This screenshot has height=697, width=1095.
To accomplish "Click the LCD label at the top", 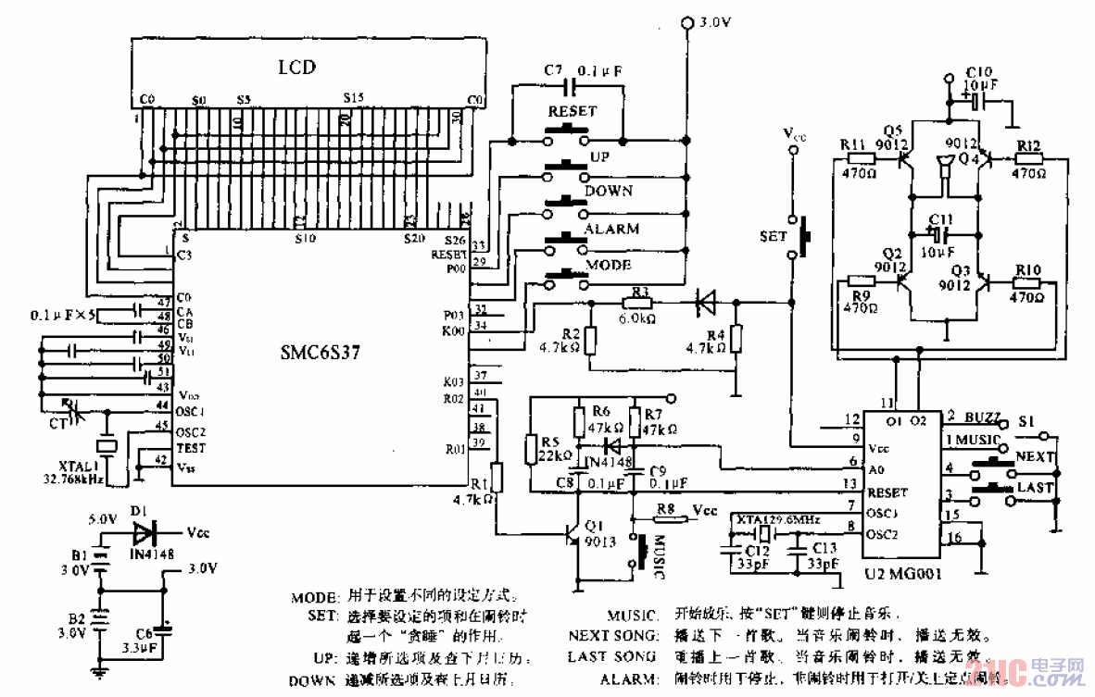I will tap(297, 67).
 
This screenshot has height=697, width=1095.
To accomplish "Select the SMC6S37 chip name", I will tap(321, 353).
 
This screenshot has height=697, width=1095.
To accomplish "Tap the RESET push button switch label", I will tap(573, 111).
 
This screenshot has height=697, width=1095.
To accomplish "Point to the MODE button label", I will tap(609, 265).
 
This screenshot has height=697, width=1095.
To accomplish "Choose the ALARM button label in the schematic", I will tap(610, 229).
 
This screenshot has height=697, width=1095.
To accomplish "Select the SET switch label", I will tap(773, 236).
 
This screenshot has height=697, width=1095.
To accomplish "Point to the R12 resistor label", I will tap(1028, 146).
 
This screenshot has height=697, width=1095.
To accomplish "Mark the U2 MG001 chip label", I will tap(902, 574).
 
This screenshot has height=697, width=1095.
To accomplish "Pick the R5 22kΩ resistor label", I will tap(554, 450).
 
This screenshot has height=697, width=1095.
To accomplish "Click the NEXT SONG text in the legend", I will tap(610, 636).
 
